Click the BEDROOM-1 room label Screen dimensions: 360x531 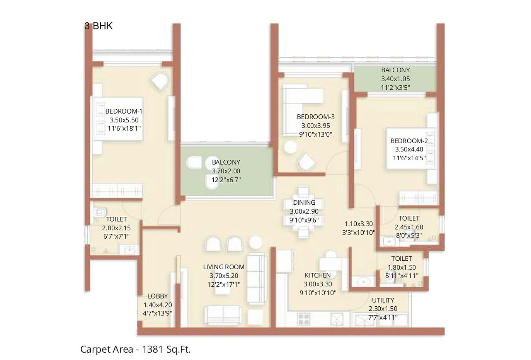[x=124, y=111]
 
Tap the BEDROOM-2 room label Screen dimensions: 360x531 [x=409, y=141]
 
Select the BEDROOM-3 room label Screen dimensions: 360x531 [x=315, y=117]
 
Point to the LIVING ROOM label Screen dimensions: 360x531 [x=224, y=267]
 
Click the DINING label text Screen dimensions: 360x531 [x=304, y=202]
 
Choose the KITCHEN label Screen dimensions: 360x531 [x=317, y=275]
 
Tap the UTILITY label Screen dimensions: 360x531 [x=383, y=300]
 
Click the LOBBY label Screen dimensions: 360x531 [x=157, y=296]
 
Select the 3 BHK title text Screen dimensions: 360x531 [x=99, y=26]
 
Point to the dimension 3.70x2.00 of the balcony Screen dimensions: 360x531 [x=226, y=171]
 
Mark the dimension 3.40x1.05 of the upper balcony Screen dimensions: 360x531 [x=395, y=79]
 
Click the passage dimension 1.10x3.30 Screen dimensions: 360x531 [x=358, y=224]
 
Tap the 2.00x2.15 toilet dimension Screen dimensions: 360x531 [x=116, y=228]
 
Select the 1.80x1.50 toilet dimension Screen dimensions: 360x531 [x=402, y=267]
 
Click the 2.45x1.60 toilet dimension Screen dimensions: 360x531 [x=408, y=227]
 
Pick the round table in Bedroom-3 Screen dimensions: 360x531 [x=290, y=147]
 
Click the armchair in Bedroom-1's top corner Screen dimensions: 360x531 [x=159, y=82]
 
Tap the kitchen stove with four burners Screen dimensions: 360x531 [x=303, y=319]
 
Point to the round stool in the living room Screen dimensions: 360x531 [x=255, y=242]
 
